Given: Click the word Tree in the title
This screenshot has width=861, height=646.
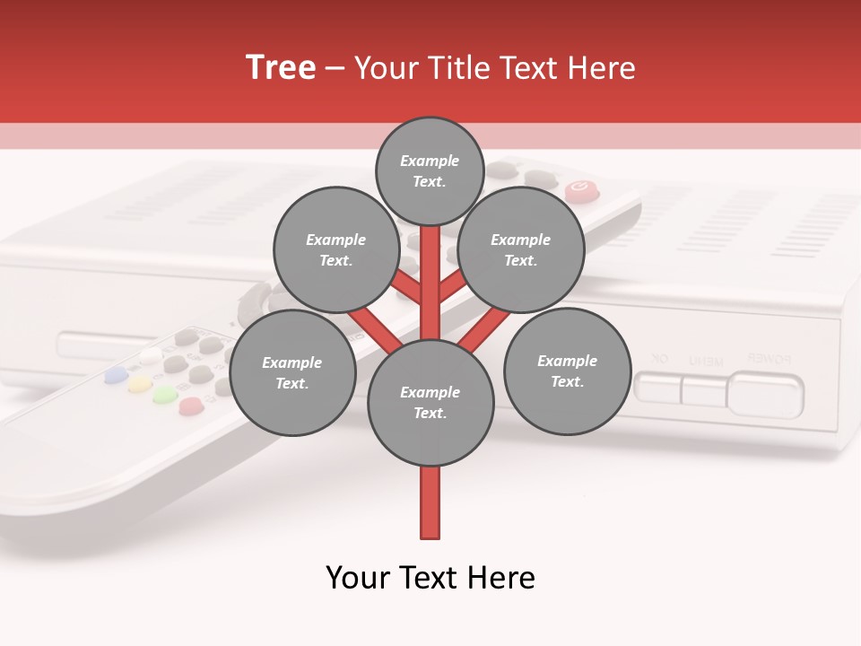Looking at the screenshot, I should click(281, 68).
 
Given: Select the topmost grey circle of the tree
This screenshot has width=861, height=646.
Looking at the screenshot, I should click(430, 170).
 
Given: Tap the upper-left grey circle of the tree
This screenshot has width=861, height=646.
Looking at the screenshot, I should click(335, 249).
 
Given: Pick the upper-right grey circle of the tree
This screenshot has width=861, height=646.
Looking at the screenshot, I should click(521, 249).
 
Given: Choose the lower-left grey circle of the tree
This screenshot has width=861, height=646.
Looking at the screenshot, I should click(292, 372).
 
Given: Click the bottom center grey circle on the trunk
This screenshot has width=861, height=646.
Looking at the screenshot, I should click(430, 403).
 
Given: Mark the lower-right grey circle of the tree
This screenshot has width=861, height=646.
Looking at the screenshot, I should click(567, 371).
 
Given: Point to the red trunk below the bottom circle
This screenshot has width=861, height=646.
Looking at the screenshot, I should click(430, 502).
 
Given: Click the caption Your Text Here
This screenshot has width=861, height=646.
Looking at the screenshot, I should click(430, 578).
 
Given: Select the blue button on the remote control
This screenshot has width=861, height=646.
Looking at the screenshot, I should click(116, 374).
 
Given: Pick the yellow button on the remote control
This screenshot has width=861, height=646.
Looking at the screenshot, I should click(139, 385).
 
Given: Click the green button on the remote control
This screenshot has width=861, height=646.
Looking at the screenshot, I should click(163, 395).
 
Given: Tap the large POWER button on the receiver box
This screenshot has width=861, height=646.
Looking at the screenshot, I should click(765, 393).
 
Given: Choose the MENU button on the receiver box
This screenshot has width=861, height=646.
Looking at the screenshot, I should click(704, 390).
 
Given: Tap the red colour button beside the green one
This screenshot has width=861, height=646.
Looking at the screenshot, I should click(189, 406).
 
